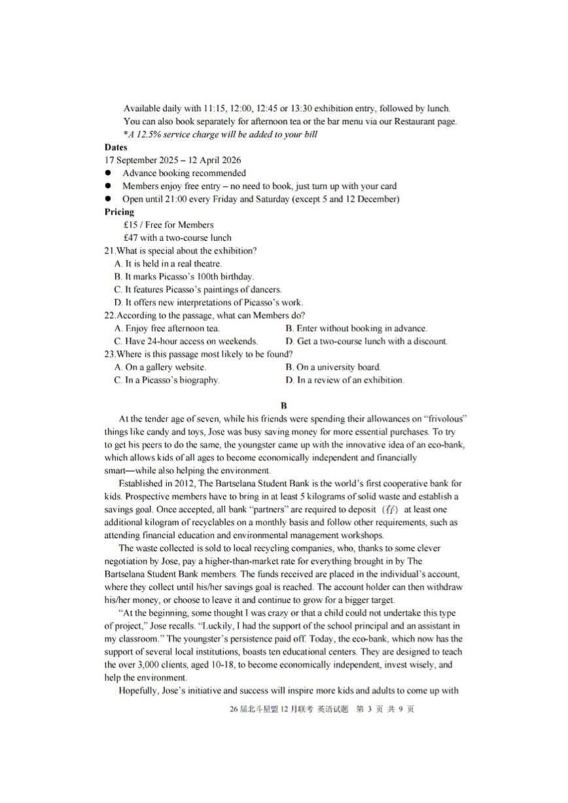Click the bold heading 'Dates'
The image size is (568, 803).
[x=116, y=148]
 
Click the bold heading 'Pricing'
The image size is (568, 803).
[x=119, y=212]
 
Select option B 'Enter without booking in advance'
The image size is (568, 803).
[x=356, y=329]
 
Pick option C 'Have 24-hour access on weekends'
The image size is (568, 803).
[x=186, y=341]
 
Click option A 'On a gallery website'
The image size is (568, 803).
[x=160, y=367]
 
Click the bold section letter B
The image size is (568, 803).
[x=283, y=406]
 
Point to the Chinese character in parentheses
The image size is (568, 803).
[x=391, y=510]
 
